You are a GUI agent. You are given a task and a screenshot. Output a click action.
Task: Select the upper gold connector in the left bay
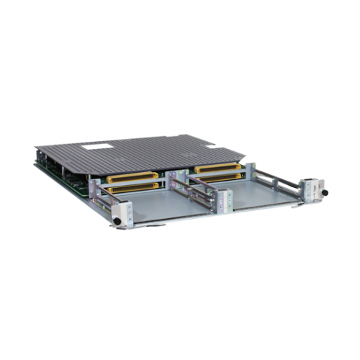[132, 177]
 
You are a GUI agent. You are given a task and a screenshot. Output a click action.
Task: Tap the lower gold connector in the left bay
[133, 187]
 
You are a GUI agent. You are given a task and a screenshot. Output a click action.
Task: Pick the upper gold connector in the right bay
[217, 168]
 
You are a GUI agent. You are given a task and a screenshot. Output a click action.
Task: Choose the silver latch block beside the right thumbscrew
[313, 189]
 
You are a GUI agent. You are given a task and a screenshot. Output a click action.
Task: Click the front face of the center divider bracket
[224, 202]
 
